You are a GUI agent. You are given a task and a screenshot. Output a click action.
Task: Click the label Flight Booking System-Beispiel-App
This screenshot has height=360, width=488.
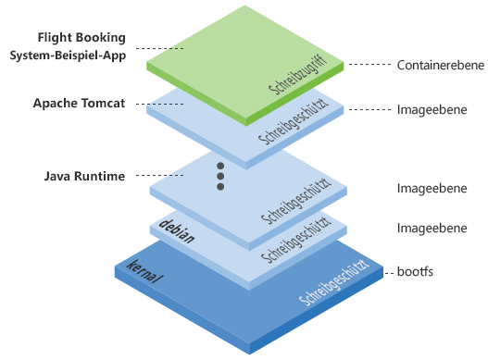82,47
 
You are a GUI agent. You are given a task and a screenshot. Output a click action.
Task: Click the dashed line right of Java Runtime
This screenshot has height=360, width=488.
163,175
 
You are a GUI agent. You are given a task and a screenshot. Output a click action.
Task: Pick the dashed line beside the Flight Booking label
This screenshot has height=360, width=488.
158,48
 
